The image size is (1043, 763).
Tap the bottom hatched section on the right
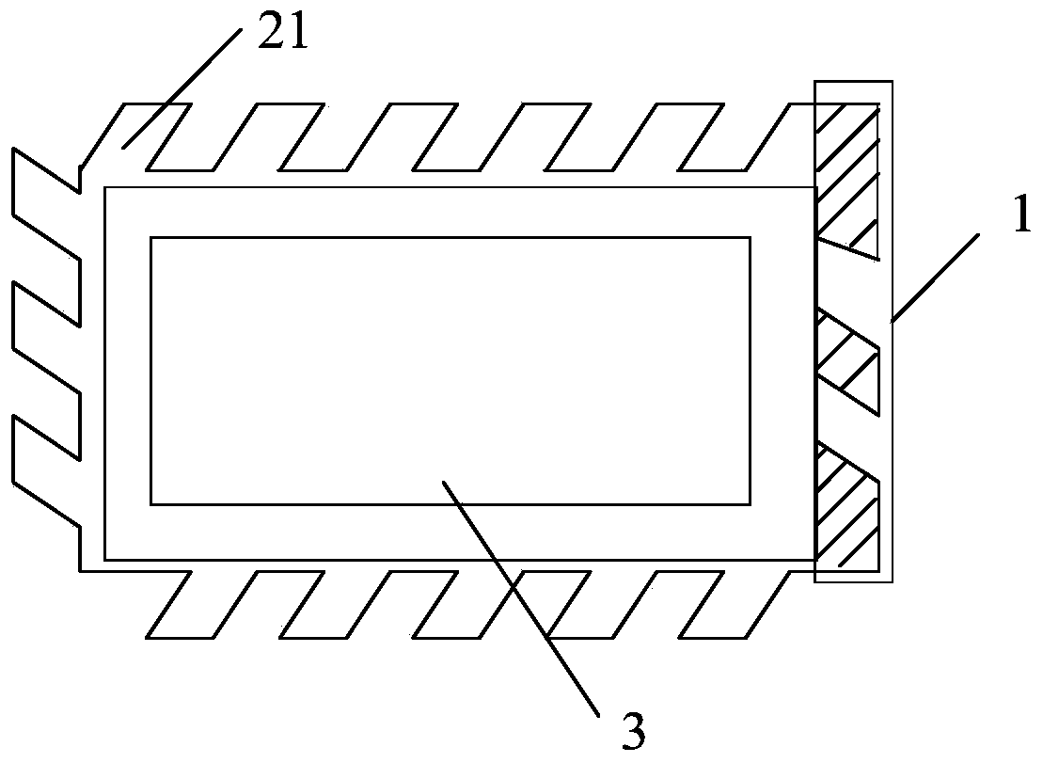click(x=845, y=508)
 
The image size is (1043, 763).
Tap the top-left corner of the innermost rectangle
click(x=151, y=239)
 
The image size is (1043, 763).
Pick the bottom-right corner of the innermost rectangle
click(x=750, y=504)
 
